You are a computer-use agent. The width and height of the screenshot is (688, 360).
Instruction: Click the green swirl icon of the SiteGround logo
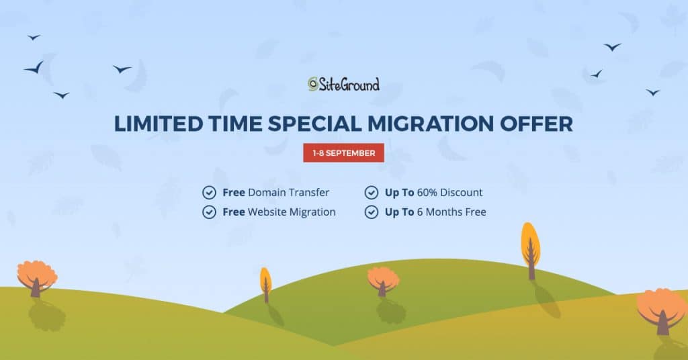pyautogui.click(x=313, y=84)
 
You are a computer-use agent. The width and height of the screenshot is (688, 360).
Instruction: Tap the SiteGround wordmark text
pyautogui.click(x=349, y=84)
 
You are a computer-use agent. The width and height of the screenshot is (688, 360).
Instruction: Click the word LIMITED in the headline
pyautogui.click(x=159, y=124)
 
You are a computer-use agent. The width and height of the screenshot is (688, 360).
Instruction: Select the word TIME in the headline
pyautogui.click(x=235, y=124)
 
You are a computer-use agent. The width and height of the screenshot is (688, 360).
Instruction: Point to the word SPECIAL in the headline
pyautogui.click(x=315, y=124)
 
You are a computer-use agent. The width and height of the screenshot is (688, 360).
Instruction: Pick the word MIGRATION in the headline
pyautogui.click(x=431, y=124)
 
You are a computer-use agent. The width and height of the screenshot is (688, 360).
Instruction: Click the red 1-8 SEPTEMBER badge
pyautogui.click(x=343, y=153)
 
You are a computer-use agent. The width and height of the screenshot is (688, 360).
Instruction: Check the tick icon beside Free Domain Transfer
pyautogui.click(x=210, y=193)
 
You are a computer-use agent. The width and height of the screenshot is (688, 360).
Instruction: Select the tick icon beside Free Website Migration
pyautogui.click(x=210, y=212)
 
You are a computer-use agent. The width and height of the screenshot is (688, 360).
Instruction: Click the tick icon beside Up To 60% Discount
pyautogui.click(x=372, y=193)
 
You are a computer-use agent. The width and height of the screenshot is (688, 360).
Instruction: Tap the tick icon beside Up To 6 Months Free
pyautogui.click(x=372, y=212)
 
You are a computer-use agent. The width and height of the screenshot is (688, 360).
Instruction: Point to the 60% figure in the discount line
pyautogui.click(x=427, y=193)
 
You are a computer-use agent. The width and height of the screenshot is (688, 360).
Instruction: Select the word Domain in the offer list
pyautogui.click(x=264, y=193)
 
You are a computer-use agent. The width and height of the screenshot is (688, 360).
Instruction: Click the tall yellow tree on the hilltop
pyautogui.click(x=531, y=251)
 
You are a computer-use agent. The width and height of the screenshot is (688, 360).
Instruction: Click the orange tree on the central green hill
pyautogui.click(x=383, y=281)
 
